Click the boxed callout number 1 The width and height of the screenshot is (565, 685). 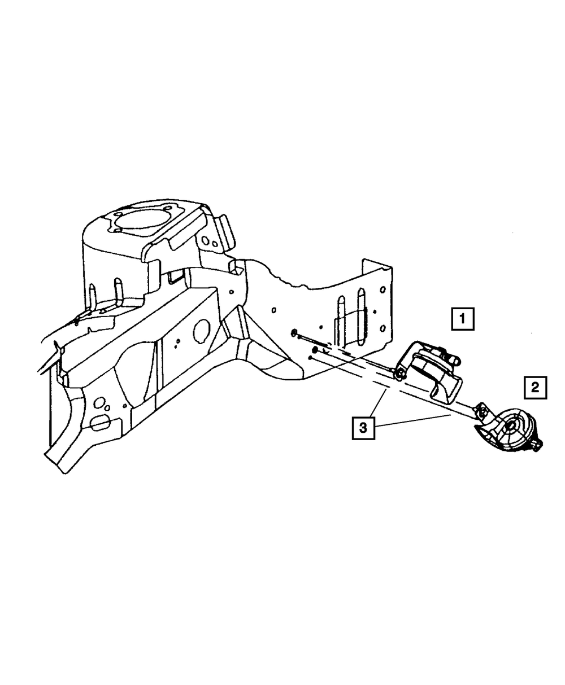click(x=462, y=319)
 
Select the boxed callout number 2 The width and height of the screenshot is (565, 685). click(x=535, y=388)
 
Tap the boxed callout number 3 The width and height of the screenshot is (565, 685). click(x=363, y=428)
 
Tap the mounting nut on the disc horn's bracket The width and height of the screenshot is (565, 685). click(x=482, y=412)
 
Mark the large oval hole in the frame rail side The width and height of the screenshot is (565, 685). click(x=201, y=332)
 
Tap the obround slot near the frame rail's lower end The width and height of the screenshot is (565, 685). click(x=100, y=420)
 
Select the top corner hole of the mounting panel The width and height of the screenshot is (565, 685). click(x=384, y=290)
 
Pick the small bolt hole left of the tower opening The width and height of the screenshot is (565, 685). click(x=118, y=230)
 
